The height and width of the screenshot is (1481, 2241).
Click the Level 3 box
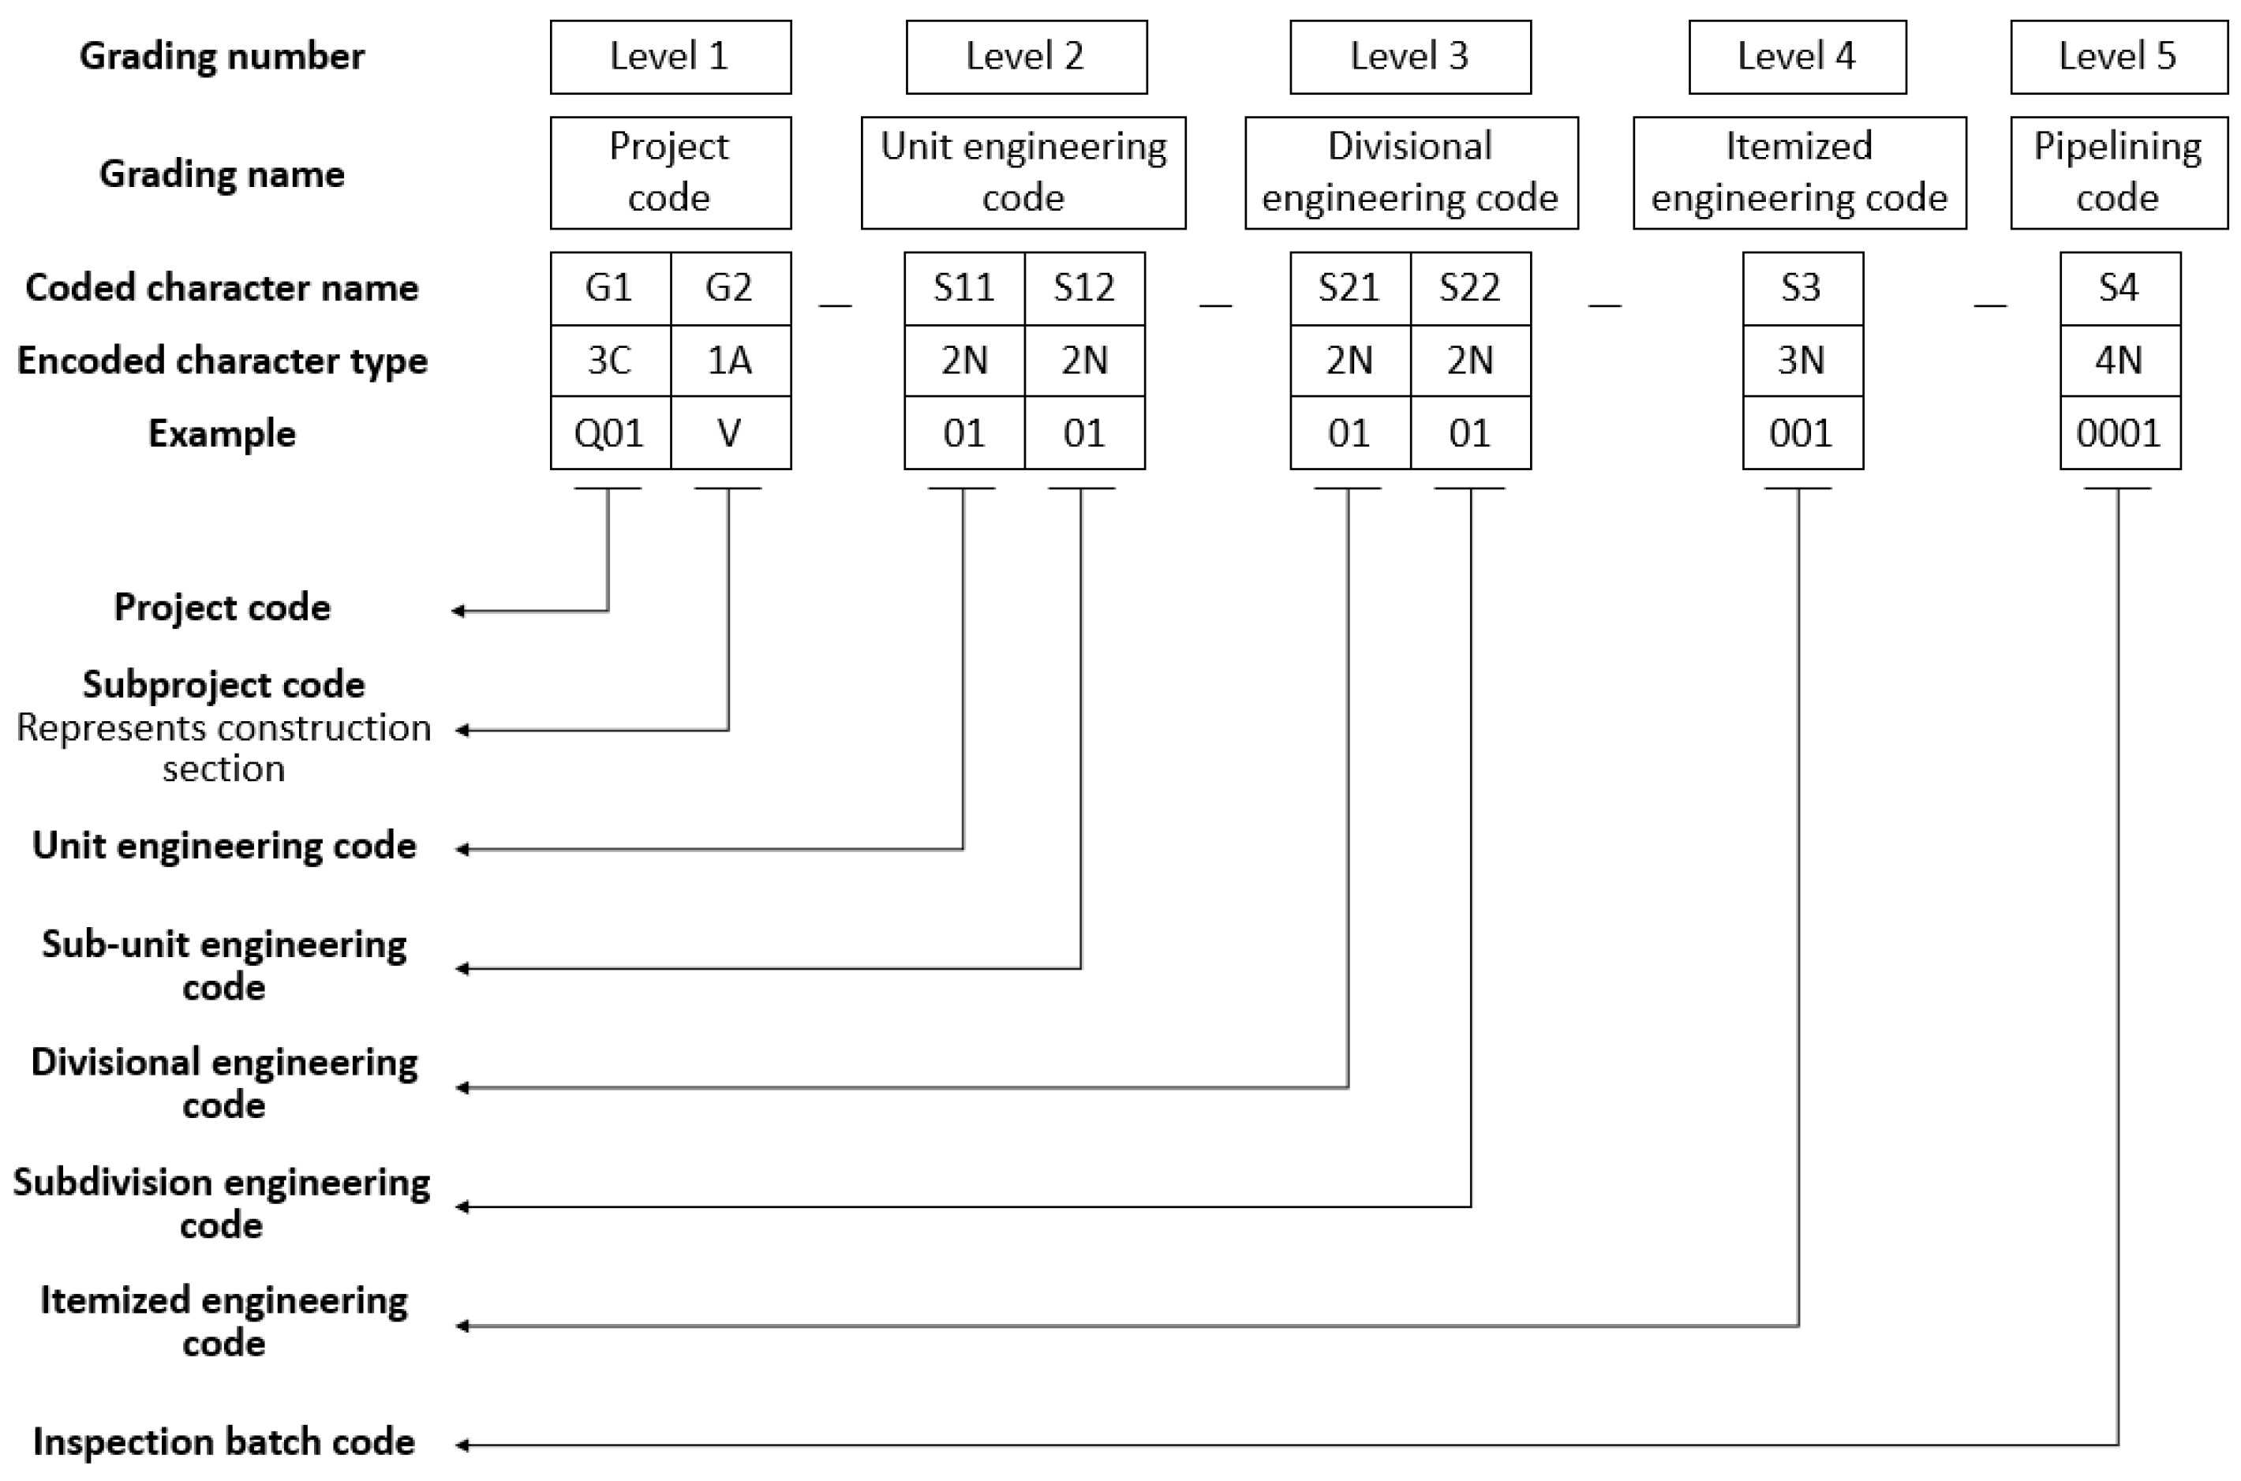(x=1409, y=57)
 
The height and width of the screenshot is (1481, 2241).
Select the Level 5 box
(x=2118, y=57)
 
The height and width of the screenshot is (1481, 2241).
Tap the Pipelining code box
(x=2118, y=172)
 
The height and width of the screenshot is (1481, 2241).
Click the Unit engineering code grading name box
(x=1023, y=172)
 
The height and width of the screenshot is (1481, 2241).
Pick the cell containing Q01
(x=609, y=433)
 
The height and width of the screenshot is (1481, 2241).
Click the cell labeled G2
(x=730, y=288)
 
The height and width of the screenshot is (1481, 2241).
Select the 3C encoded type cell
(x=609, y=361)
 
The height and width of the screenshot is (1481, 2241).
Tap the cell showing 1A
(x=730, y=361)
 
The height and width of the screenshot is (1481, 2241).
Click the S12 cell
(x=1084, y=288)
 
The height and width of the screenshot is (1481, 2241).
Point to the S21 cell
(x=1349, y=288)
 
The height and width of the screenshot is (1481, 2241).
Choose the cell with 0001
(x=2119, y=433)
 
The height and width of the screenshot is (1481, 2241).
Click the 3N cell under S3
(x=1801, y=361)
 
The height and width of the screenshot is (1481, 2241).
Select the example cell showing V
(x=730, y=433)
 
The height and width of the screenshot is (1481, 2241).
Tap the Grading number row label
(x=222, y=57)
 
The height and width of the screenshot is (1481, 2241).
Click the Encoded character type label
(x=222, y=361)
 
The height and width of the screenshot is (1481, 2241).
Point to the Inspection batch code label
(x=224, y=1442)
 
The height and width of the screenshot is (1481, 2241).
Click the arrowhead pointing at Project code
(x=458, y=611)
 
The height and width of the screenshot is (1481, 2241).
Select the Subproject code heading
(x=224, y=685)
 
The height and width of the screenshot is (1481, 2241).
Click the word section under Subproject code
(x=224, y=769)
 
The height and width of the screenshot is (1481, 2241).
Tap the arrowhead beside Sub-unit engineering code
(x=462, y=968)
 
